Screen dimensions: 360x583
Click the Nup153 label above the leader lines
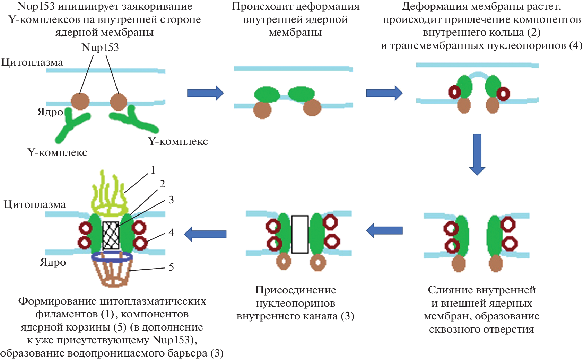click(100, 47)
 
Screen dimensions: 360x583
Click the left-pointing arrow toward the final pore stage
click(205, 234)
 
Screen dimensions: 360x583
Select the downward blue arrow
click(477, 154)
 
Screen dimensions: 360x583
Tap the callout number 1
click(153, 170)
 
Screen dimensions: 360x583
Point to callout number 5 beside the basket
click(171, 267)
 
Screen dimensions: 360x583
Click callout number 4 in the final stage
click(171, 232)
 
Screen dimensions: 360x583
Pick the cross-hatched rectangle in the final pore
click(111, 235)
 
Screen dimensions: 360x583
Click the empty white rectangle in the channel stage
click(300, 234)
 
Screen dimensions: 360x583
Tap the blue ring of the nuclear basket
click(112, 257)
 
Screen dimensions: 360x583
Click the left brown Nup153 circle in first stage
click(80, 101)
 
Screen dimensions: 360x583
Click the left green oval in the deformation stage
click(267, 94)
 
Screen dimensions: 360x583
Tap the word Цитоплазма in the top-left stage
click(32, 62)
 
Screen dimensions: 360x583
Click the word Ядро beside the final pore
click(53, 262)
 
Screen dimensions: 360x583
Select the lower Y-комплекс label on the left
click(57, 152)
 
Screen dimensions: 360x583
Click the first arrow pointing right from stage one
click(205, 93)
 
